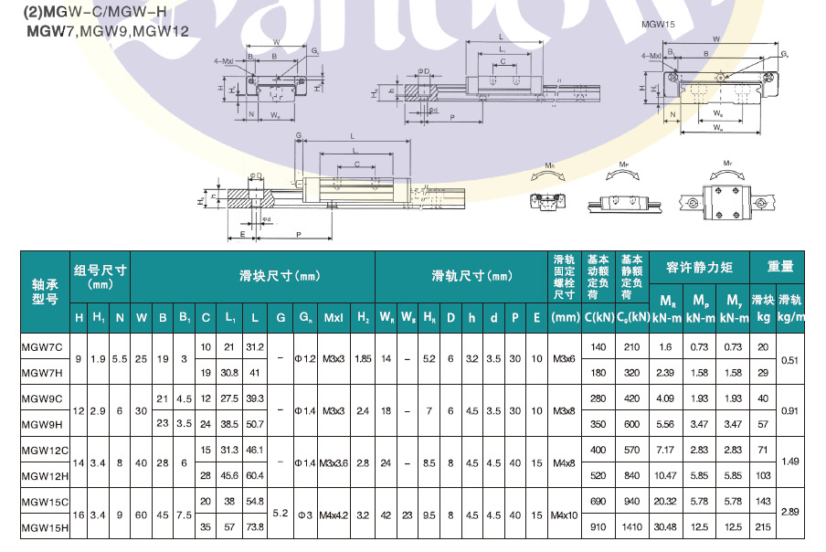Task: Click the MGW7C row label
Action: coord(42,346)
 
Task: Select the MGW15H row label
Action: coord(44,527)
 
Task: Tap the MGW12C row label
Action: coord(44,450)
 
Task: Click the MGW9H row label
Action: coord(42,424)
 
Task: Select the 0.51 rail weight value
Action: coord(790,359)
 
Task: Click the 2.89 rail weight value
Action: coord(790,514)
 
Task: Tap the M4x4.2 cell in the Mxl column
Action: coord(334,515)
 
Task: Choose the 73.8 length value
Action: coord(255,527)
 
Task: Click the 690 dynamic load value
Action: coord(598,502)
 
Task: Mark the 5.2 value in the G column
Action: coord(281,514)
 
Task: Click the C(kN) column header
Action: coord(598,317)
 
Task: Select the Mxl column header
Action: coord(334,317)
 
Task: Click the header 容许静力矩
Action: coord(699,267)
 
